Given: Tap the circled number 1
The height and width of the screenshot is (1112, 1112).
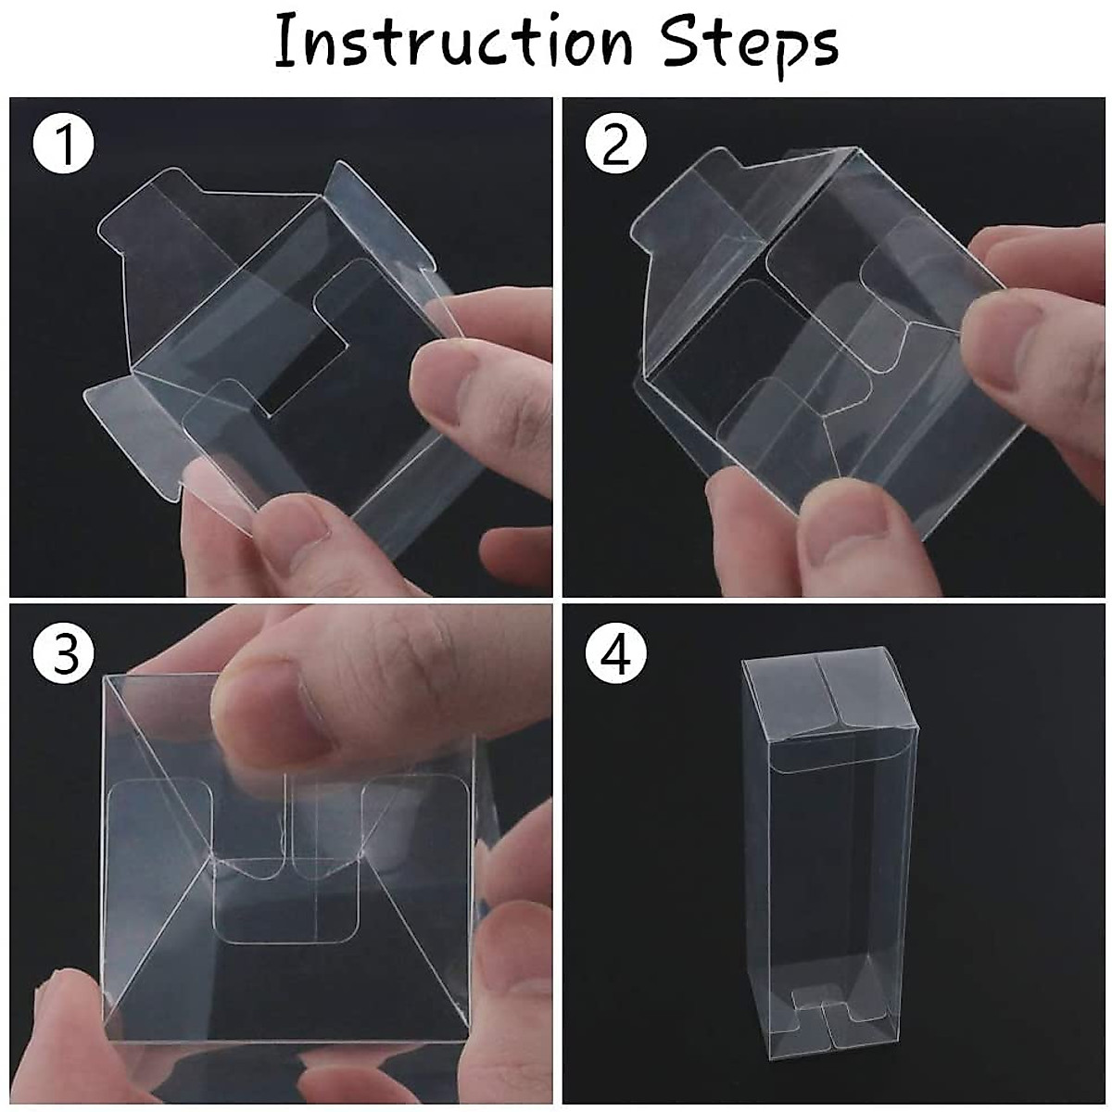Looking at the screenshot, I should (x=63, y=146).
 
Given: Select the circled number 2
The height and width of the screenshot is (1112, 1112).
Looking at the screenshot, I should (x=616, y=146).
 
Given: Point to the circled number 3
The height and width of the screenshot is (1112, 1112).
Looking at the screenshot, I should (x=63, y=654).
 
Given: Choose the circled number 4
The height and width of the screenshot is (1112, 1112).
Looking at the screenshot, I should (x=616, y=654).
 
